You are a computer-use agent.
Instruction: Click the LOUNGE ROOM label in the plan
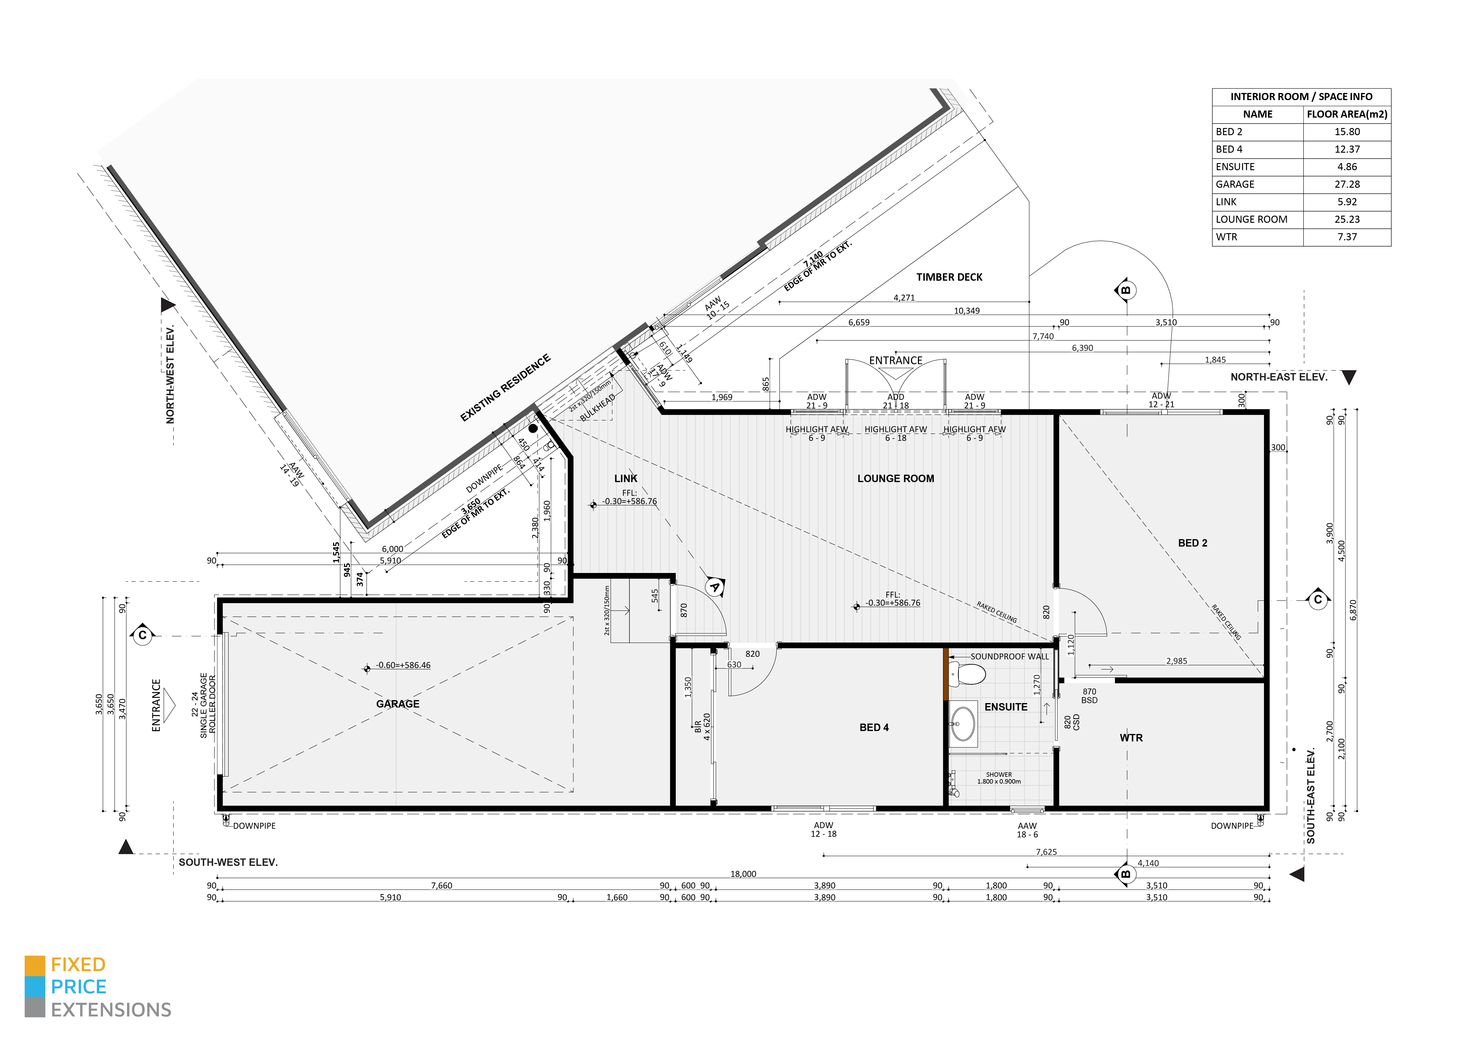tap(895, 479)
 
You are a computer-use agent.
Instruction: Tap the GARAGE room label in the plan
tap(398, 704)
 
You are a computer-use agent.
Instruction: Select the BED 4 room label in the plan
tap(874, 728)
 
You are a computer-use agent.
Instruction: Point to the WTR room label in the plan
tap(1131, 738)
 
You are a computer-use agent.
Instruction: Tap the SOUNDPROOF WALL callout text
tap(1009, 656)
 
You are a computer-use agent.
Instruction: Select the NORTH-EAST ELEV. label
tap(1279, 377)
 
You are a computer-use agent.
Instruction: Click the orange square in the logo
tap(35, 966)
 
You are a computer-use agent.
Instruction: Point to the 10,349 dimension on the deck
tap(967, 310)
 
